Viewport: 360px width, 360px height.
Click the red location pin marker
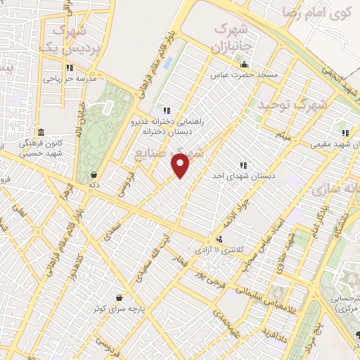point(181,165)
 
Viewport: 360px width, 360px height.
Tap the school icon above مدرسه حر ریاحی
point(69,67)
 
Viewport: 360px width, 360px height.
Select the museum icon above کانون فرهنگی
point(41,132)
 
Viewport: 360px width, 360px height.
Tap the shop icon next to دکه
point(94,175)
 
